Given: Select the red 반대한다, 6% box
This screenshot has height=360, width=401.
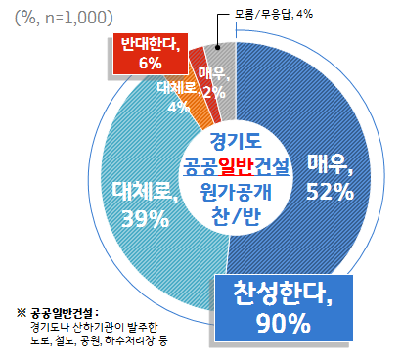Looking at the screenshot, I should (x=144, y=53).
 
